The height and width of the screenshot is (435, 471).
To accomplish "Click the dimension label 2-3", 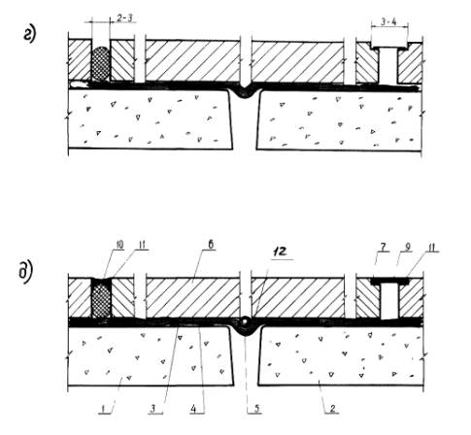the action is (x=124, y=18).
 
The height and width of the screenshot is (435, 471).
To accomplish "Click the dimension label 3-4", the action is (x=388, y=22).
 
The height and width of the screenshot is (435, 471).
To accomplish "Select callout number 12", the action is (x=281, y=251).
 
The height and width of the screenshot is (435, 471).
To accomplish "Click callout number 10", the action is (x=119, y=245).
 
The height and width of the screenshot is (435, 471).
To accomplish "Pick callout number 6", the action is (x=211, y=245).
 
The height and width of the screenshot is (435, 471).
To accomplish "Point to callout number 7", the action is (x=383, y=248).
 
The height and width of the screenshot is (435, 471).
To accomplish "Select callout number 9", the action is (x=408, y=248).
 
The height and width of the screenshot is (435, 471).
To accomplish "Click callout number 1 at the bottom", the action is (x=104, y=410).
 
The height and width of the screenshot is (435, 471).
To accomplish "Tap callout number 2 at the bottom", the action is (x=333, y=409).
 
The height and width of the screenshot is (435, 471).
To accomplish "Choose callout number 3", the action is (x=153, y=409).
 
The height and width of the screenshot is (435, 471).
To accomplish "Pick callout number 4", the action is (x=193, y=409).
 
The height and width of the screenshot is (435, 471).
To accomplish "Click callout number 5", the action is (x=256, y=409).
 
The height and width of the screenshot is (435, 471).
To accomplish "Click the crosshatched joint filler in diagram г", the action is (x=101, y=63).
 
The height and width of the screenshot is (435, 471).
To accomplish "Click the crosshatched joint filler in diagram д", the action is (x=101, y=299).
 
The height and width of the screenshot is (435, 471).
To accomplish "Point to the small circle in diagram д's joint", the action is (x=245, y=321).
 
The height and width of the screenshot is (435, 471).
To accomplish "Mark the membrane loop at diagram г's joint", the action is (x=246, y=92).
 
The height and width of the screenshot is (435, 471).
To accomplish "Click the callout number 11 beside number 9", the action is (x=432, y=248).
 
